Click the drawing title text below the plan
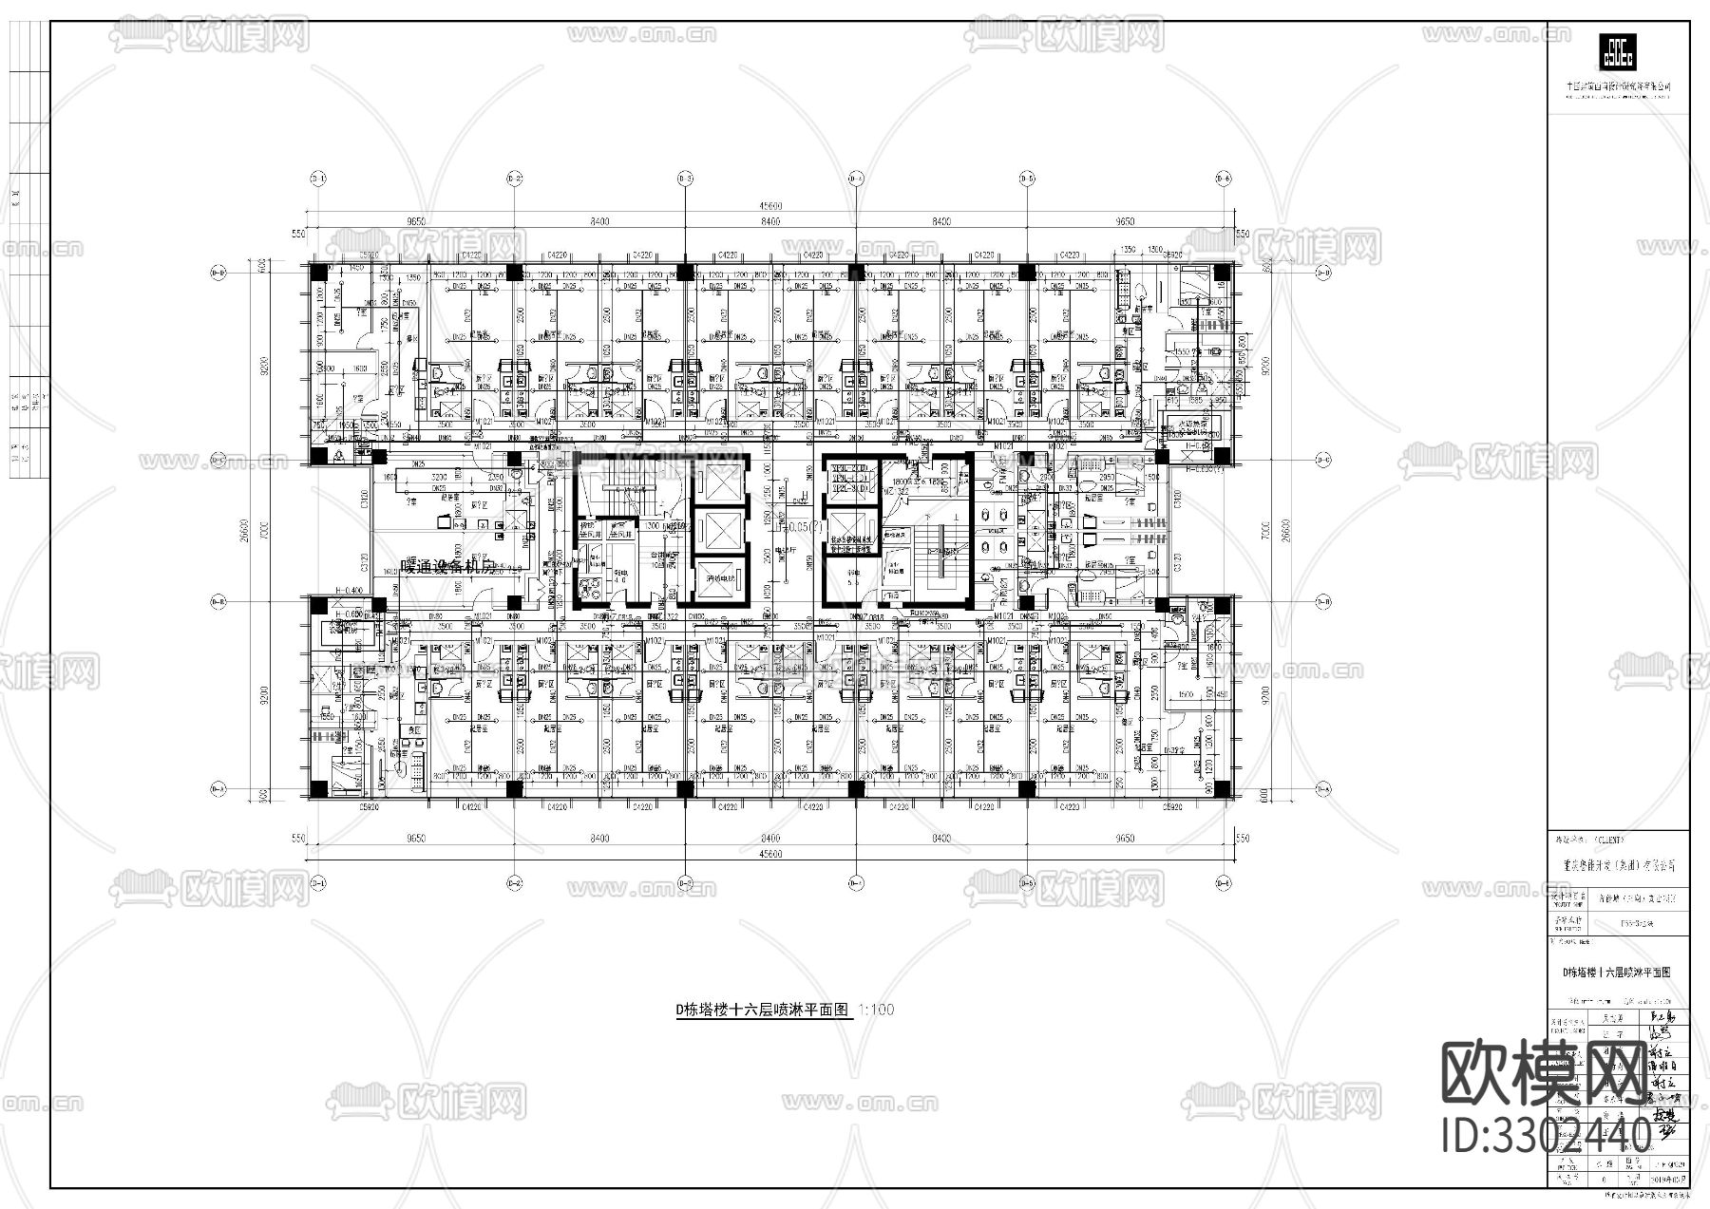760,1011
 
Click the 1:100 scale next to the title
876,1011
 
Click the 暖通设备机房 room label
446,568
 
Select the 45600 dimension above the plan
769,206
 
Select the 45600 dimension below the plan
769,854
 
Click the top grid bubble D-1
317,179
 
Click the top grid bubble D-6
1223,179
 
